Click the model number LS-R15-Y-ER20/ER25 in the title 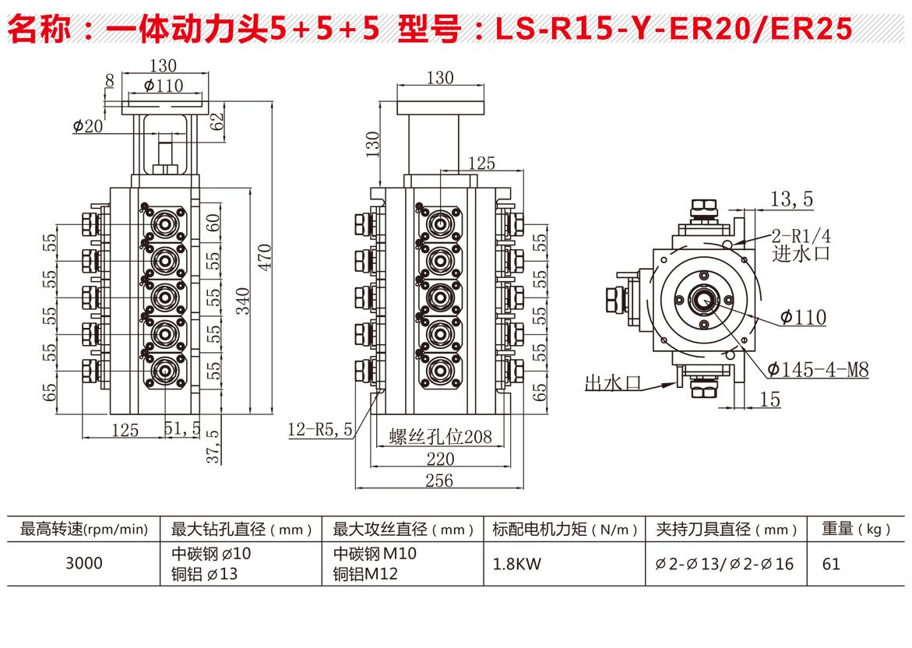[x=674, y=29]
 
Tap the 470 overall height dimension [x=265, y=257]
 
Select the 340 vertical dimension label [x=243, y=299]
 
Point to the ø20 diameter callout [x=87, y=125]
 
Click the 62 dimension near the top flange [x=217, y=120]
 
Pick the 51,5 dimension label [x=183, y=428]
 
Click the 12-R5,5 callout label [x=320, y=428]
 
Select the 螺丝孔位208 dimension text [x=441, y=436]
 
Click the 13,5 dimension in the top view [x=791, y=199]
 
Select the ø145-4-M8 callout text [x=818, y=369]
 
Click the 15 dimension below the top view [x=769, y=400]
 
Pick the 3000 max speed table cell [x=83, y=562]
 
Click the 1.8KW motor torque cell [x=515, y=563]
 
